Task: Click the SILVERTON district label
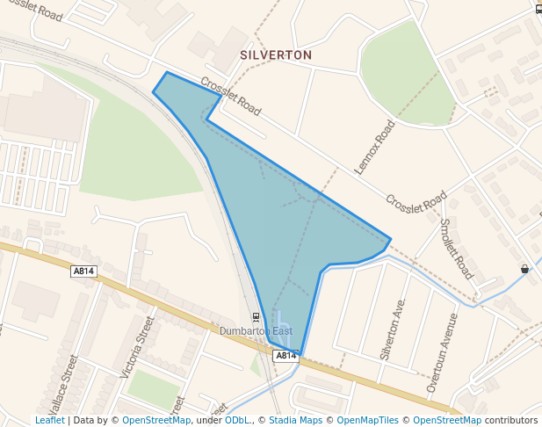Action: click(276, 54)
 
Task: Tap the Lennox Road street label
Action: click(374, 147)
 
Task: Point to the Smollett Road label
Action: click(456, 249)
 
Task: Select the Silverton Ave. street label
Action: click(393, 328)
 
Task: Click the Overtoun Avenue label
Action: click(442, 352)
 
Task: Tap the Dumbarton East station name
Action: click(256, 331)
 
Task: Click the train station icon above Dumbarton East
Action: click(256, 316)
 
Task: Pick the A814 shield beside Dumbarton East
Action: click(286, 356)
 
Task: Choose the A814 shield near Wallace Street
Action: click(83, 271)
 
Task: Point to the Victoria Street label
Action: click(137, 346)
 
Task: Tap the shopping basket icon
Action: click(524, 269)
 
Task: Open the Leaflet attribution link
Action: click(49, 420)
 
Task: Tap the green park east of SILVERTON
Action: click(404, 75)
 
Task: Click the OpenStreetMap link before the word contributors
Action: click(447, 420)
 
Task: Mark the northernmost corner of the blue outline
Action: click(167, 72)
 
